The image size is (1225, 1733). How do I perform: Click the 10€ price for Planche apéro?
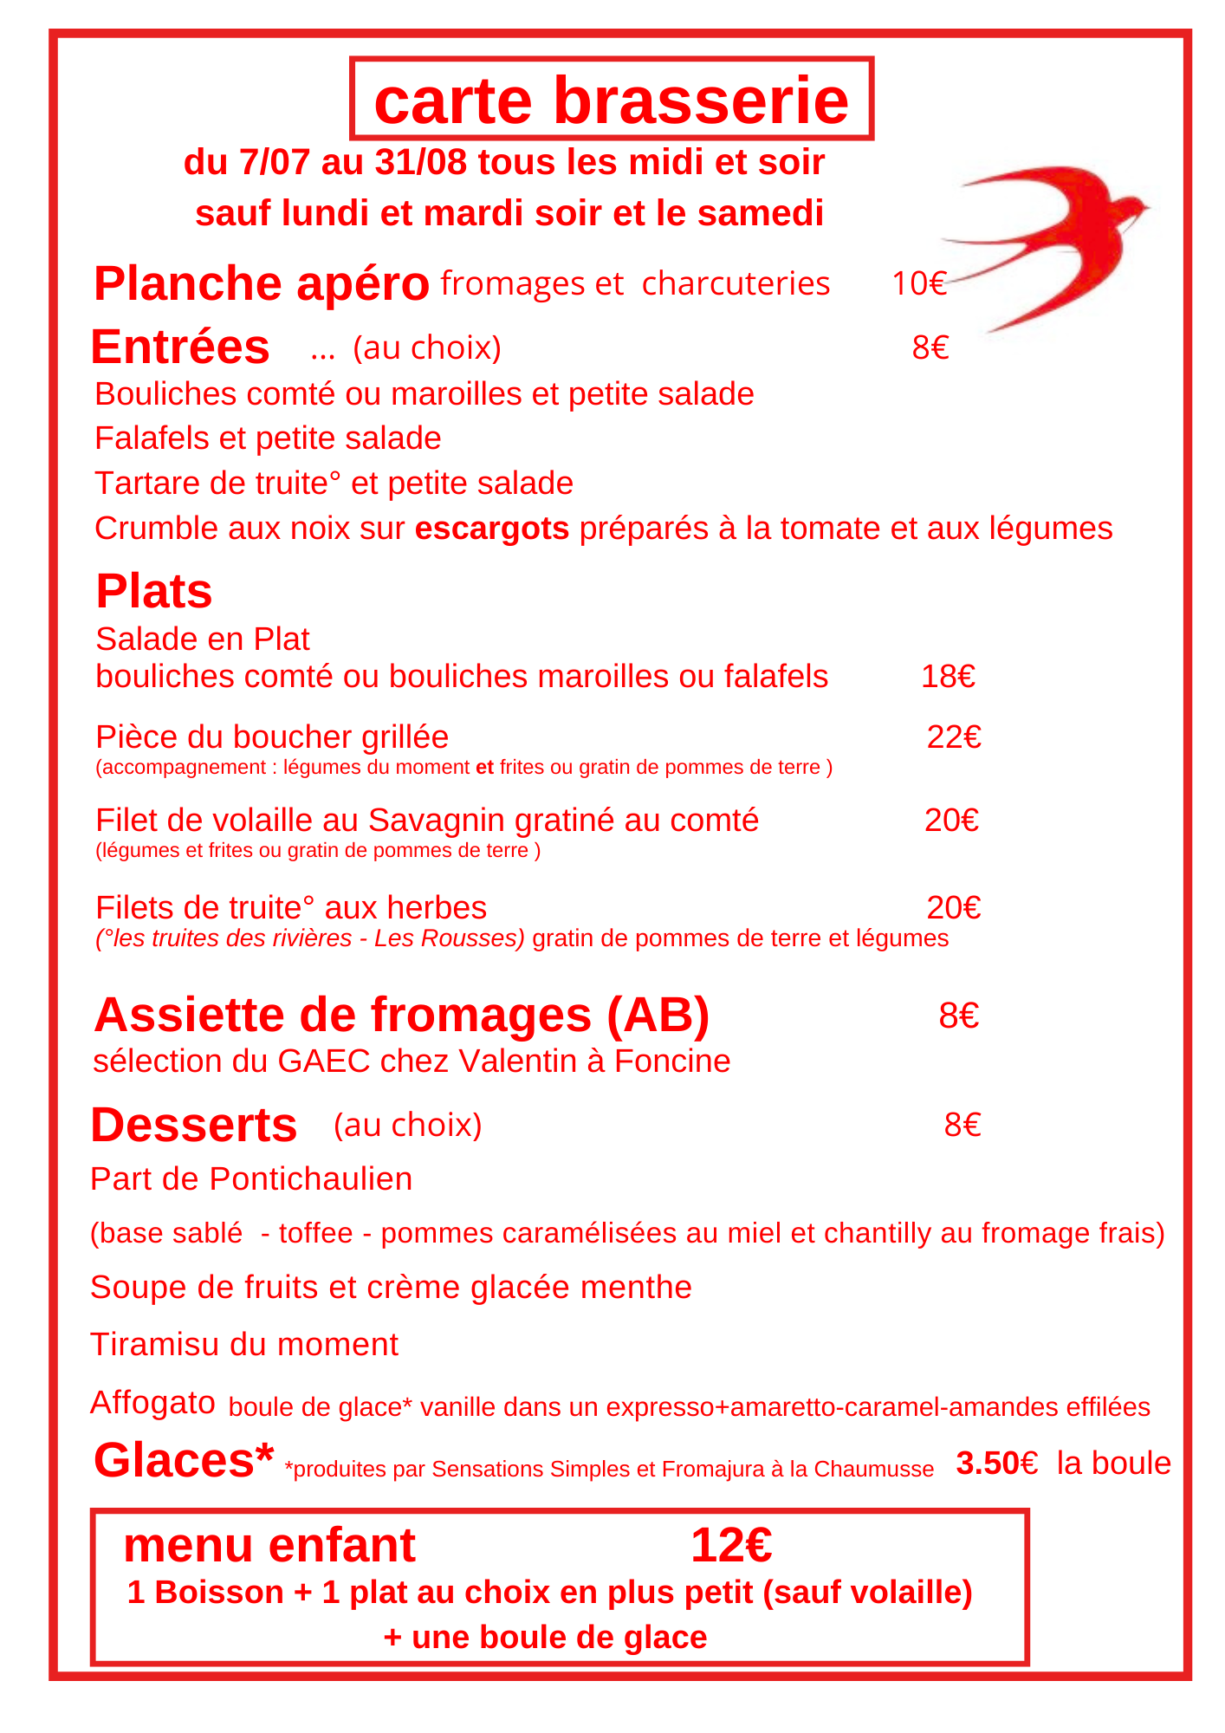click(919, 283)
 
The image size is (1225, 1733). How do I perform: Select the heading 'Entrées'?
click(180, 347)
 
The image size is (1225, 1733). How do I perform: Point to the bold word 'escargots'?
click(492, 528)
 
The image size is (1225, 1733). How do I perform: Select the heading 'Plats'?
click(154, 591)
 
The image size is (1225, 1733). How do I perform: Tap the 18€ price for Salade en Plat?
click(948, 676)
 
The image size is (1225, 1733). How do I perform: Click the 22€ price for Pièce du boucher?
click(954, 737)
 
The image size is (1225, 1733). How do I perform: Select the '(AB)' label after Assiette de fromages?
click(658, 1015)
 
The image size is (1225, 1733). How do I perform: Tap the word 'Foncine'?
click(672, 1061)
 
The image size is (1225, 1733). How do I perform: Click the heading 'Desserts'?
click(194, 1125)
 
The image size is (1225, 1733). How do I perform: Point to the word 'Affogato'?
click(152, 1401)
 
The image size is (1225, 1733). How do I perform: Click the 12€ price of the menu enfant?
click(731, 1545)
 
